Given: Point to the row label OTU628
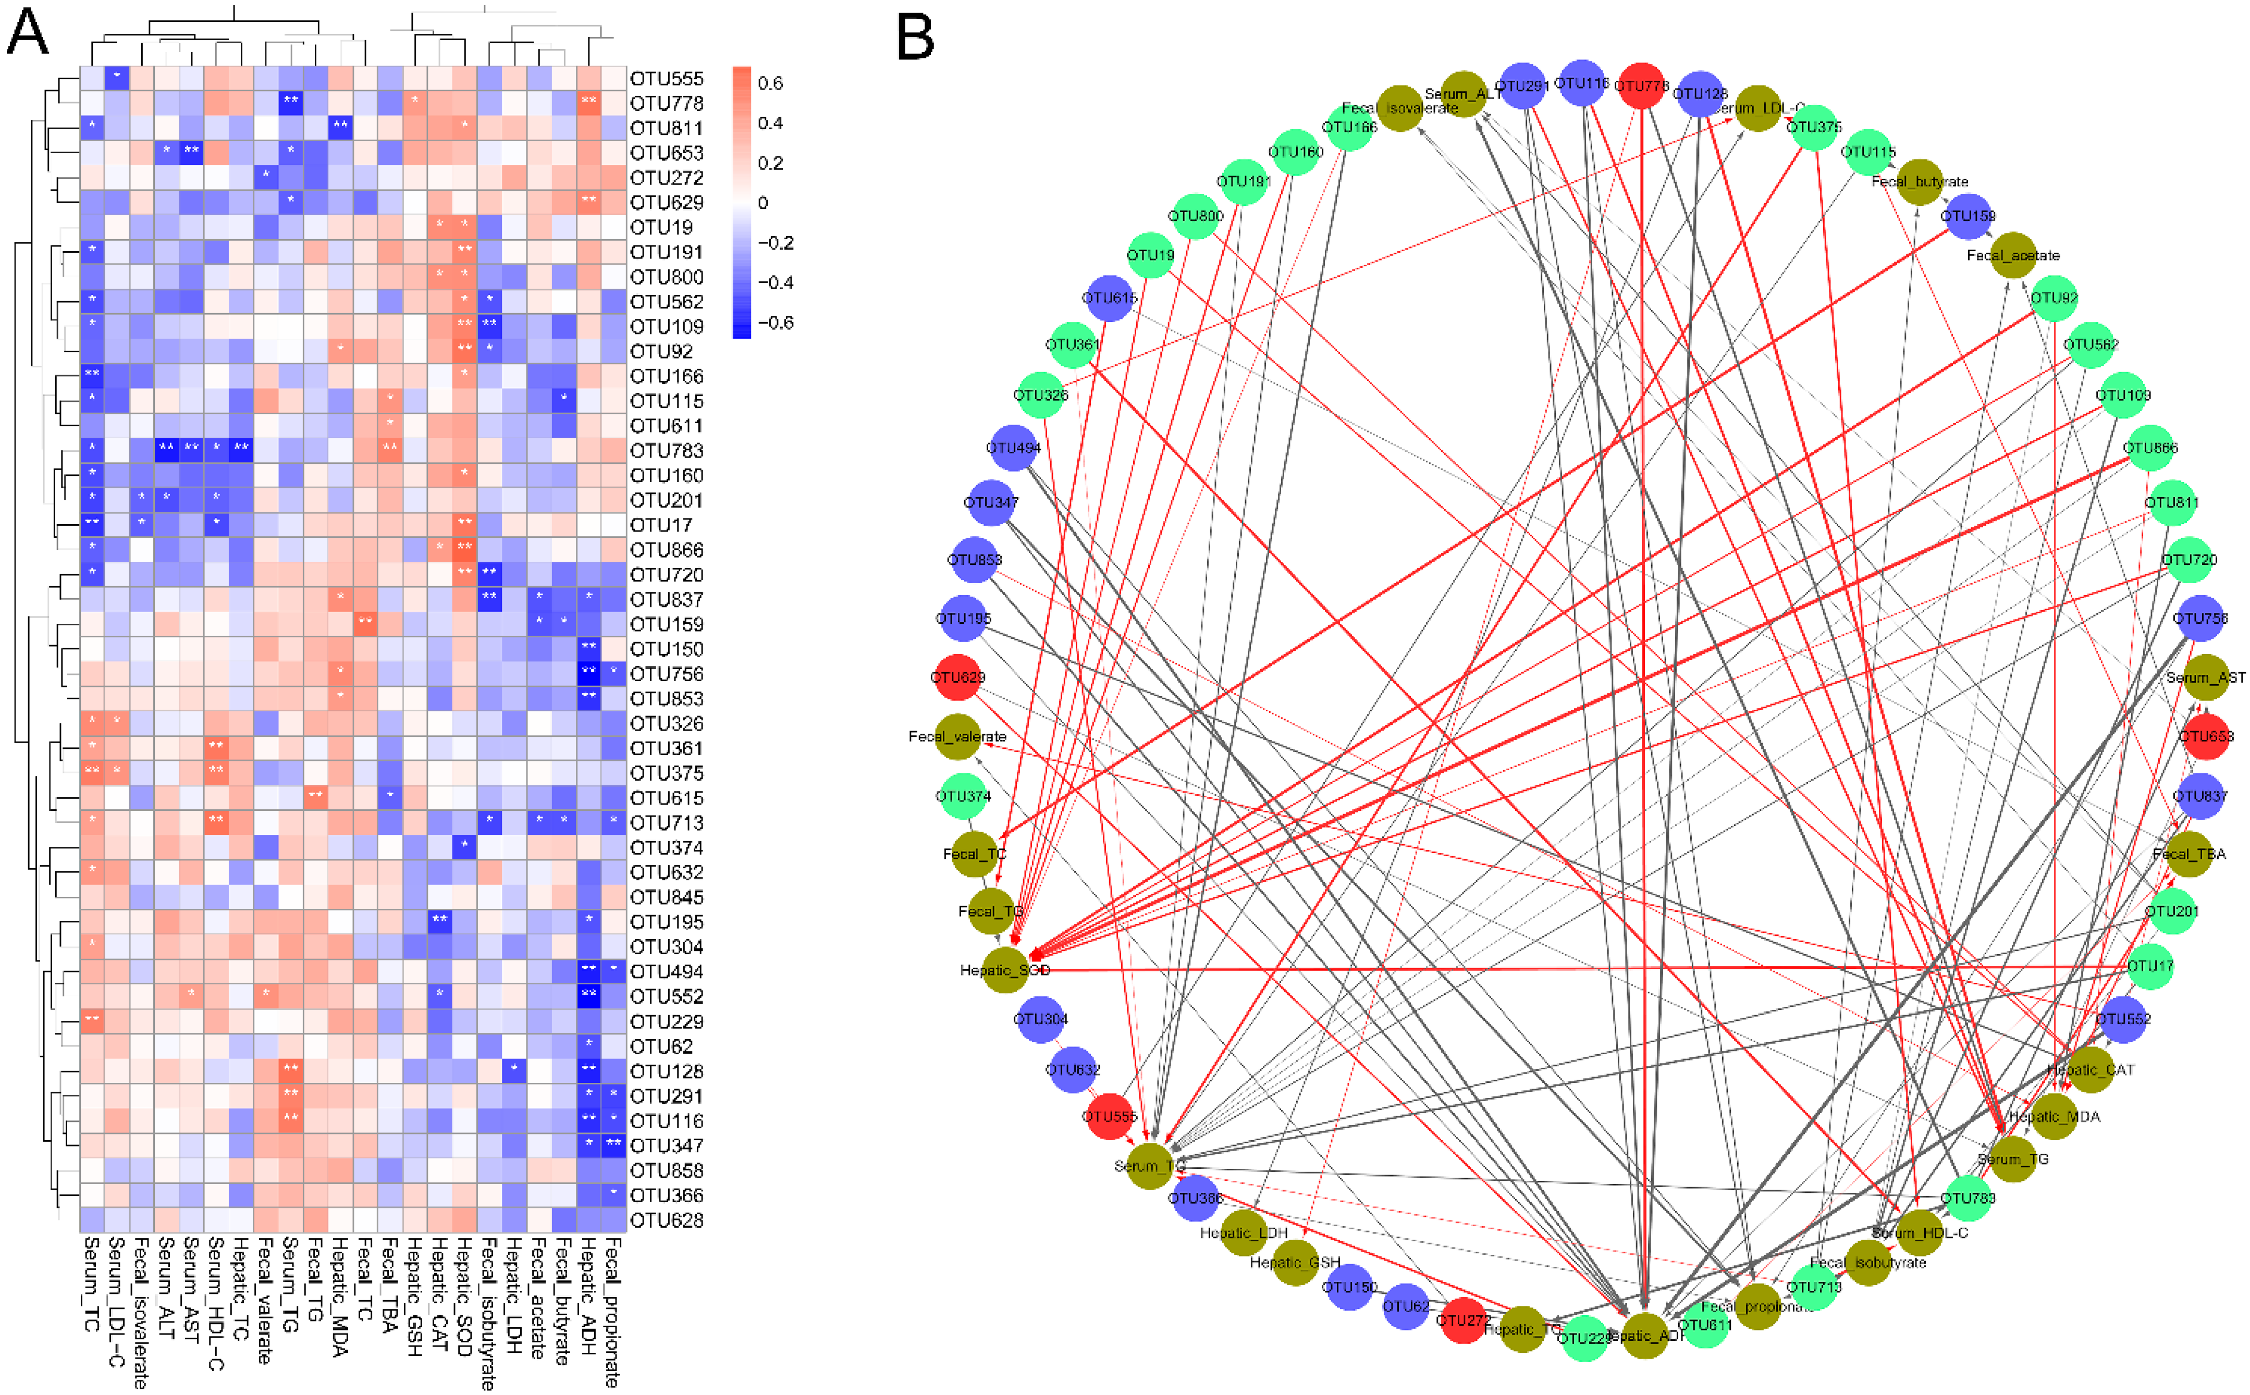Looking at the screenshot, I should tap(666, 1220).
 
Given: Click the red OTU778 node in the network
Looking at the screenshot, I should tap(1641, 86).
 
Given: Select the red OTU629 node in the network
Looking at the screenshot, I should tap(957, 678).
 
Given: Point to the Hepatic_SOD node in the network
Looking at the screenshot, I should tap(1005, 970).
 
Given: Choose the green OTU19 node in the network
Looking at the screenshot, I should tap(1150, 255).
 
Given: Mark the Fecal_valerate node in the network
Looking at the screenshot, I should tap(957, 736).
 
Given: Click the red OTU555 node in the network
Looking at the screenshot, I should tap(1109, 1116).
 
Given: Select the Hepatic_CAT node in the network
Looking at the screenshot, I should tap(2091, 1069).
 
